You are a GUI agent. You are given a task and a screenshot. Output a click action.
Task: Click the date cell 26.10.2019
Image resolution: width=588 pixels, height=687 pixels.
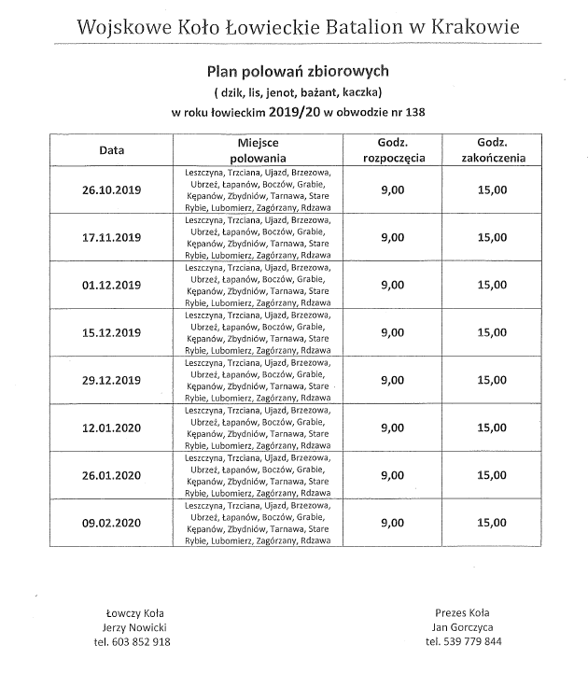(111, 190)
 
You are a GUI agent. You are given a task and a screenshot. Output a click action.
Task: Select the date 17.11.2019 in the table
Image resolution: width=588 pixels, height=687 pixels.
(111, 238)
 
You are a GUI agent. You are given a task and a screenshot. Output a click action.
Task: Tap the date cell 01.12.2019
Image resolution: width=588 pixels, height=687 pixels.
(111, 286)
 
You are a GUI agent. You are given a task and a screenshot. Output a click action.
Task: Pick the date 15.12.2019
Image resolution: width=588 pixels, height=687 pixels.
(111, 333)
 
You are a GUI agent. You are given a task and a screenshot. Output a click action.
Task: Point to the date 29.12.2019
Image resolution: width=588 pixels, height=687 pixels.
(111, 381)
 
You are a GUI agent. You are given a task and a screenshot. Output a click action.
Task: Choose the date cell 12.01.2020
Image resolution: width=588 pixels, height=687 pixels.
(111, 428)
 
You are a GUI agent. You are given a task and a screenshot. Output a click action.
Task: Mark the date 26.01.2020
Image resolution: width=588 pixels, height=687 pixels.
(111, 476)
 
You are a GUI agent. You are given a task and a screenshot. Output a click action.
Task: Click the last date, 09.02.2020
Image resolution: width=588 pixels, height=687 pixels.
(111, 524)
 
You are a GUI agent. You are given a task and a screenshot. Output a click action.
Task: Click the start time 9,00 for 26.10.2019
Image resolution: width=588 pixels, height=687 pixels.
(393, 190)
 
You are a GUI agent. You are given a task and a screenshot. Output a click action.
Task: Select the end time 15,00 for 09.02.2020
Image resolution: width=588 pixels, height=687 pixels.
(492, 524)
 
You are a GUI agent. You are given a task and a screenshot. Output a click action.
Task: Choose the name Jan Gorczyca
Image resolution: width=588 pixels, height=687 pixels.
(463, 627)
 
